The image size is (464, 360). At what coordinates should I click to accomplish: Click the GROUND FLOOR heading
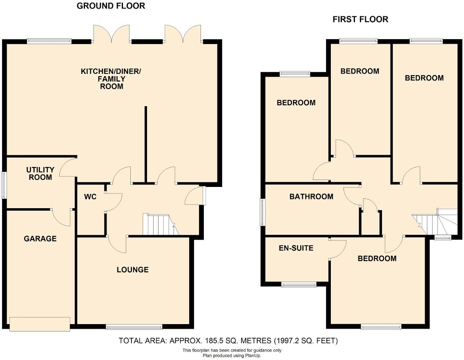tap(111, 6)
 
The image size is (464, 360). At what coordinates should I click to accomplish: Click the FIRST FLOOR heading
tap(360, 19)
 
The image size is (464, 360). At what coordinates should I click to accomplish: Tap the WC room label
tap(90, 197)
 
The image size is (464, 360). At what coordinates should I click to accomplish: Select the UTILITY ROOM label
tap(40, 173)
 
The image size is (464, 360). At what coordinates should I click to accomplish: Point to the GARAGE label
tap(40, 238)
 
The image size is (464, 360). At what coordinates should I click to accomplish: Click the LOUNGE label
tap(132, 270)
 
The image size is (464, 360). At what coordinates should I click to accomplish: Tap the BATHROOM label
tap(311, 197)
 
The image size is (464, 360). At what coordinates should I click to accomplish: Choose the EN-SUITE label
tap(296, 248)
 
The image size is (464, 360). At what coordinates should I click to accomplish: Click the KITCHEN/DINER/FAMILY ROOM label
tap(111, 79)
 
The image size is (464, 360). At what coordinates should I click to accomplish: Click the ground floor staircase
tap(159, 225)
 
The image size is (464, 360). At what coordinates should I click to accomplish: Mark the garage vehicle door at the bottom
tap(40, 324)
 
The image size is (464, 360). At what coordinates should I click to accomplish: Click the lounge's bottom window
tap(134, 327)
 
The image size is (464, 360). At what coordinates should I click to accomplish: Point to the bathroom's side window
tap(262, 212)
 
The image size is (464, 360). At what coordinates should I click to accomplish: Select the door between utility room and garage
tap(61, 217)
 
